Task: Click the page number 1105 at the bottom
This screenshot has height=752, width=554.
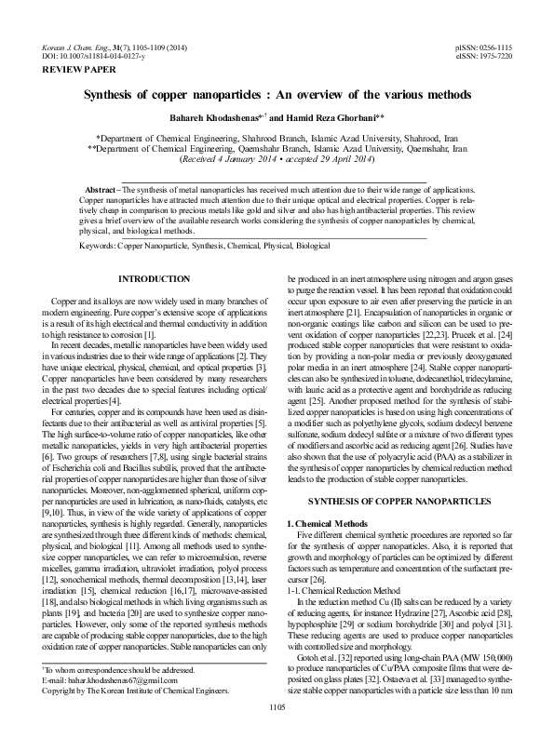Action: [x=277, y=734]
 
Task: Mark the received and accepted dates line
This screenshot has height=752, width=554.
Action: [x=277, y=159]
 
